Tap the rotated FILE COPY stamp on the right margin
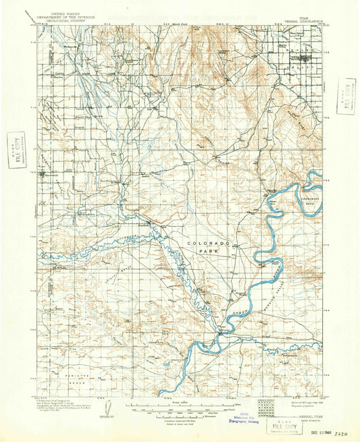click(347, 93)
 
